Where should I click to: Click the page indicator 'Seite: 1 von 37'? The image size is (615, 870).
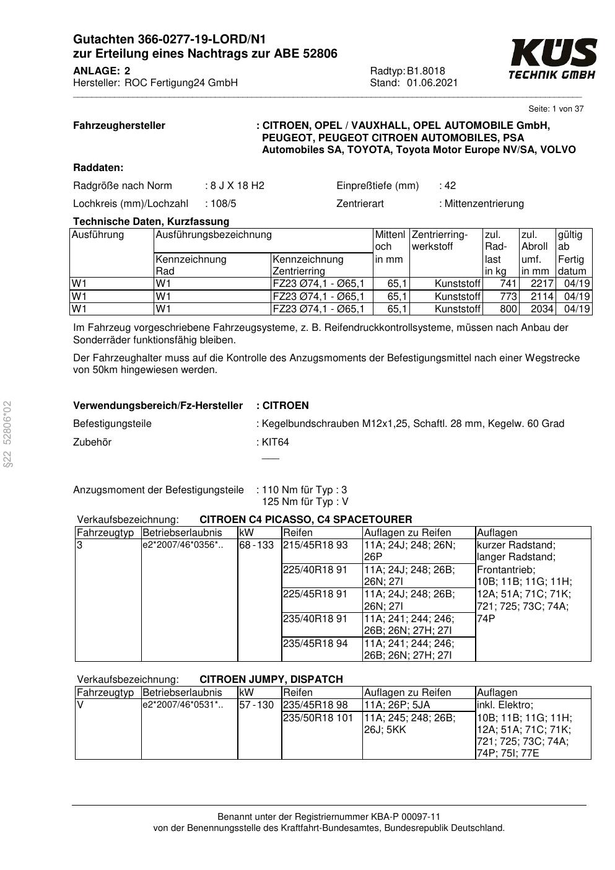[556, 109]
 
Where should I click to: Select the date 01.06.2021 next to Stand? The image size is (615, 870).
[432, 83]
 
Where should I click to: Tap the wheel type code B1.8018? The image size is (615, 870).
[426, 71]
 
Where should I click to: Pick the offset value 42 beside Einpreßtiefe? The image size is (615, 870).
[450, 186]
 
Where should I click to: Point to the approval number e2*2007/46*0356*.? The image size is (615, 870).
[183, 545]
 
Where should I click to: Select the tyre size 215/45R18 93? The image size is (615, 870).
[315, 545]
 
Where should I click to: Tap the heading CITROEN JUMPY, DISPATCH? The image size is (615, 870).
[271, 679]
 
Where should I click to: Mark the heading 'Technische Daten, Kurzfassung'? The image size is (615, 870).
[151, 222]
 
